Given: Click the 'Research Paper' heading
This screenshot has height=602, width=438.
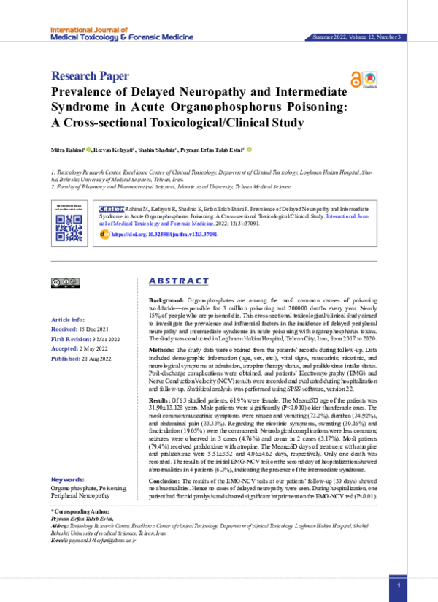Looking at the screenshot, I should click(90, 75).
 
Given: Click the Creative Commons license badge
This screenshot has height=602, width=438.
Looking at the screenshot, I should click(64, 282).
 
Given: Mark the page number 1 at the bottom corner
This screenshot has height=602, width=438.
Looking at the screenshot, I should click(399, 586).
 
